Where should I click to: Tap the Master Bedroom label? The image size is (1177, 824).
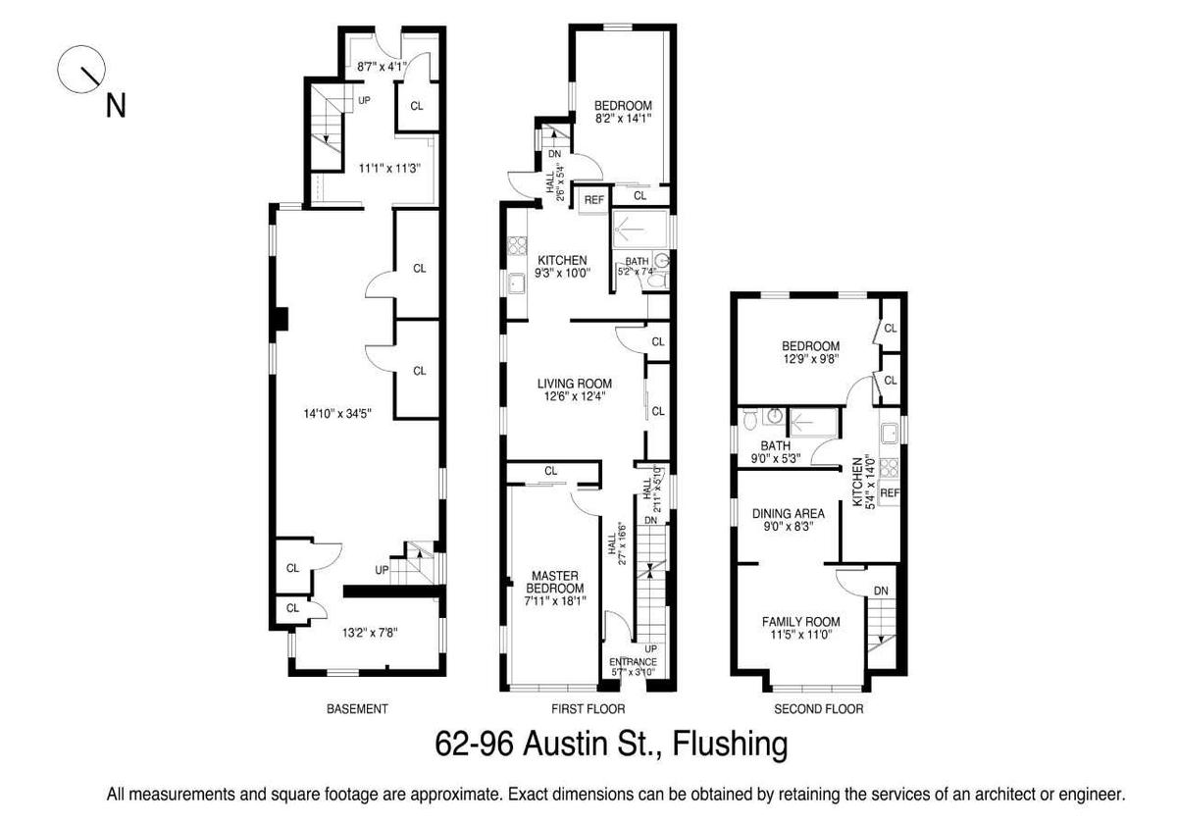point(555,582)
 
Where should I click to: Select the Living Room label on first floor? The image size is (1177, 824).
point(575,384)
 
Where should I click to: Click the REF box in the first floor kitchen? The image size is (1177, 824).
point(593,200)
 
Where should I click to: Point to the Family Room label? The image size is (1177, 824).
point(800,622)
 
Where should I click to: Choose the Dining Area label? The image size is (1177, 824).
point(789,513)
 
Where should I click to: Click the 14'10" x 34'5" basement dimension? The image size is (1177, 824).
point(337,414)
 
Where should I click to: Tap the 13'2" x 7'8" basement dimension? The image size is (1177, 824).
point(370,633)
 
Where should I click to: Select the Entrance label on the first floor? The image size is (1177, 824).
point(633,661)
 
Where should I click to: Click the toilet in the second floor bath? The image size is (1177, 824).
point(749,418)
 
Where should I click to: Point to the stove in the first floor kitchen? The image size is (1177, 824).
point(517,245)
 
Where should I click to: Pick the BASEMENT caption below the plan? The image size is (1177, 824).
point(357,709)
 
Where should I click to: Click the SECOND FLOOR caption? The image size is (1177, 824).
point(819,709)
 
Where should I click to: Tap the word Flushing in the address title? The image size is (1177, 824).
point(730,745)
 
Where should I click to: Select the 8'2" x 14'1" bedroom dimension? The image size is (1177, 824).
point(623,119)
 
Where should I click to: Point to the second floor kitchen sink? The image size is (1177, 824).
point(890,433)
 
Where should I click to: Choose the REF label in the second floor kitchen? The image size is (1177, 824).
point(890,492)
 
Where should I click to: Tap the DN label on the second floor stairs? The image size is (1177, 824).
point(881,591)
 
